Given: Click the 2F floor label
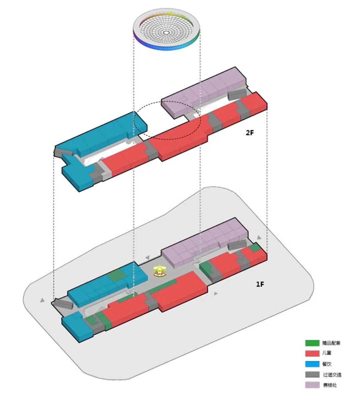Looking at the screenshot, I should tap(250, 132).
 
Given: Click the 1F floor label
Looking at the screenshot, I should tap(260, 285).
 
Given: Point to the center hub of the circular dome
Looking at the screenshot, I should tap(166, 33).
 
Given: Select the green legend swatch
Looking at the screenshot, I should tap(312, 343).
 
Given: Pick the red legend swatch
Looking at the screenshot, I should tap(312, 353).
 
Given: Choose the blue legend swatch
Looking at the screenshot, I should tap(312, 364).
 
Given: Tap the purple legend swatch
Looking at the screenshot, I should tap(312, 385).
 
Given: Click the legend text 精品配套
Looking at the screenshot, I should tap(331, 343).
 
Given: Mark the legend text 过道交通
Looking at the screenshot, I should tap(332, 375).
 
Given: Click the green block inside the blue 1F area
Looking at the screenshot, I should tap(117, 276).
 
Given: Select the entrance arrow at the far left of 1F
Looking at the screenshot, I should tap(42, 300).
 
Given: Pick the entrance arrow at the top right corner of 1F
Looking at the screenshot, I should tap(259, 237).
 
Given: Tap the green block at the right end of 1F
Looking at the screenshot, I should tap(255, 247).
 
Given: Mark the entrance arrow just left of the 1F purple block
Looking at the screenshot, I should tap(147, 258).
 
